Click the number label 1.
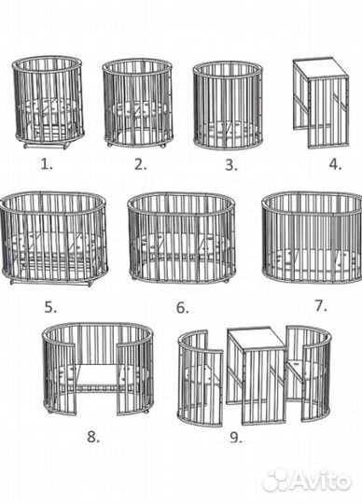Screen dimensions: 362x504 click(47, 164)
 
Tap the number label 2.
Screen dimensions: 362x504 click(140, 164)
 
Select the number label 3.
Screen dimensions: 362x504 click(231, 165)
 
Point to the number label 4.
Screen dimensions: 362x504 click(335, 165)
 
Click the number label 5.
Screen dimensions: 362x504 click(50, 308)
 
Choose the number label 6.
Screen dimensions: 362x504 click(183, 308)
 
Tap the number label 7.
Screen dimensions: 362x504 click(321, 306)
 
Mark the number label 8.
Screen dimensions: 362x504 click(93, 437)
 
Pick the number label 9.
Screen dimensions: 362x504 click(236, 437)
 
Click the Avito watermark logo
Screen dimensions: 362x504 click(306, 481)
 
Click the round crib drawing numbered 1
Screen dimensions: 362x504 click(49, 103)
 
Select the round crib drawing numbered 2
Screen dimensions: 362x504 click(137, 103)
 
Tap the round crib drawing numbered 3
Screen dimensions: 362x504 click(228, 105)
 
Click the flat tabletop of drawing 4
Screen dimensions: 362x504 click(320, 68)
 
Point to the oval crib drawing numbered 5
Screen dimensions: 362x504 click(53, 239)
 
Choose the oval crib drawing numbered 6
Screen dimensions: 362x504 click(182, 238)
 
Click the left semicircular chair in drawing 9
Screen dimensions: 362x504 click(200, 378)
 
